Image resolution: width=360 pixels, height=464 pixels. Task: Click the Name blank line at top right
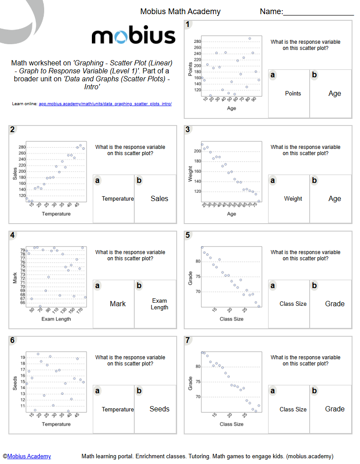click(x=318, y=13)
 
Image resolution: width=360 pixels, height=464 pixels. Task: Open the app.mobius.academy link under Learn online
click(x=105, y=104)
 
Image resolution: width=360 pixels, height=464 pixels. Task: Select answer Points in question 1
click(x=293, y=94)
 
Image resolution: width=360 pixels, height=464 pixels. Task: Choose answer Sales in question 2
click(x=159, y=199)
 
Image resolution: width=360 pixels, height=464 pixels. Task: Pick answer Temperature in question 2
click(x=117, y=199)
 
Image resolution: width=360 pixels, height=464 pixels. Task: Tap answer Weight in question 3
click(x=293, y=199)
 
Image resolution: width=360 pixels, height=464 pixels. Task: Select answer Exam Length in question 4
click(x=159, y=304)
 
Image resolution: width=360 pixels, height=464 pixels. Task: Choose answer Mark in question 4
click(x=117, y=304)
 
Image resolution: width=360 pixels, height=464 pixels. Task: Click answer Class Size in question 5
click(x=293, y=304)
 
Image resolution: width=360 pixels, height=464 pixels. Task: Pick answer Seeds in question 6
click(x=159, y=409)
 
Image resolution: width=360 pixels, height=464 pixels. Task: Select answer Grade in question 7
click(x=334, y=409)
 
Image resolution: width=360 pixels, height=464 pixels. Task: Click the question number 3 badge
click(x=188, y=129)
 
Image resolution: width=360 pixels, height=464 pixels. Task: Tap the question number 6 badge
click(x=13, y=340)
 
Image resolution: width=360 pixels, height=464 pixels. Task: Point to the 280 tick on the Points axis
click(x=197, y=42)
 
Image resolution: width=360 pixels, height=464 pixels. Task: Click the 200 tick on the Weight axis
click(x=197, y=151)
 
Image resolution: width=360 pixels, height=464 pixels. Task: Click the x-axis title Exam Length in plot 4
click(x=56, y=319)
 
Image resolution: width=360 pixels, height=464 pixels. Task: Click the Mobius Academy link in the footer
click(x=29, y=456)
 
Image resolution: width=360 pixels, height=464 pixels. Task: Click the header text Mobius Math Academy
click(x=180, y=11)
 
